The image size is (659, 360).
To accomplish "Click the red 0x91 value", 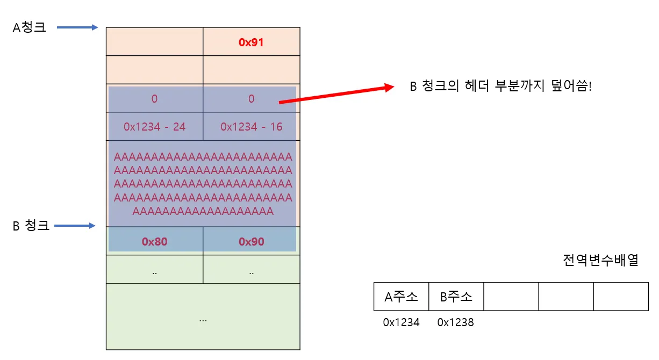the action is (x=251, y=42).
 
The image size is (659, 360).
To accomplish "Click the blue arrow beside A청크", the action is (x=77, y=27).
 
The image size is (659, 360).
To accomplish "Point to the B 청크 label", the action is (x=31, y=226).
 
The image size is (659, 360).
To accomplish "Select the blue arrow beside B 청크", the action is (x=75, y=226).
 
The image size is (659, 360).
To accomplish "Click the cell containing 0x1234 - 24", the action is (x=155, y=127).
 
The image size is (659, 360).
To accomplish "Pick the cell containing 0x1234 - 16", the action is (x=251, y=127).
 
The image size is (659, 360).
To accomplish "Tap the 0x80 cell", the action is (x=155, y=241).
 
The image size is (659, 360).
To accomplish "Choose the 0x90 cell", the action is (x=251, y=241).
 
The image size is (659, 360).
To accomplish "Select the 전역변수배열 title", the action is (x=600, y=261).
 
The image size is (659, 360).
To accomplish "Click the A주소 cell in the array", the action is (x=401, y=297).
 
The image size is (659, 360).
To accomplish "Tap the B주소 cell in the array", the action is (x=456, y=297).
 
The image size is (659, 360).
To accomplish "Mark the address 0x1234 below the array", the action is (x=401, y=322).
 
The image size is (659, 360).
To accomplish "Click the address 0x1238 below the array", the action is (x=456, y=322).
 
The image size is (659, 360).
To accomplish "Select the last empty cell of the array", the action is (x=621, y=297).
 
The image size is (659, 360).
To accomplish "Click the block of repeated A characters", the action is (x=203, y=184).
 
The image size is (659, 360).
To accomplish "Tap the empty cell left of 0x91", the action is (x=155, y=42).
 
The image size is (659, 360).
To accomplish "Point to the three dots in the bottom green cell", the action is (x=203, y=319).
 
